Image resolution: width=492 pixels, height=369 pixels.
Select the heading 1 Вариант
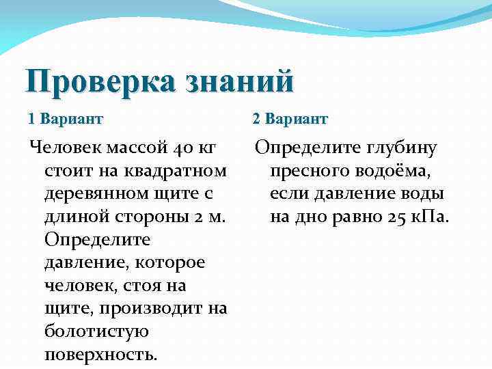66,119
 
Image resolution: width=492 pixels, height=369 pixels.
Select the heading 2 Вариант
290,119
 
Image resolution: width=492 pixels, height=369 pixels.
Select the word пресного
312,170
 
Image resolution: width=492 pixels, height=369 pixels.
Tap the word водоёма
398,170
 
